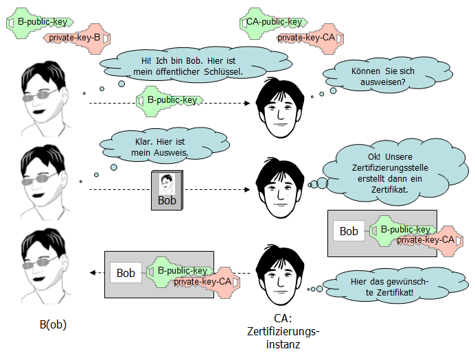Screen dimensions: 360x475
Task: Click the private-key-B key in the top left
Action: pyautogui.click(x=76, y=37)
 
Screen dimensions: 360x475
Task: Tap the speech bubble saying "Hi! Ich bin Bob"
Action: pyautogui.click(x=179, y=64)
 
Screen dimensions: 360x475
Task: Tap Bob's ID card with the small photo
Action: pyautogui.click(x=166, y=191)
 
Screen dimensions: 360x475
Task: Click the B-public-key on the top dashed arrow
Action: pyautogui.click(x=172, y=100)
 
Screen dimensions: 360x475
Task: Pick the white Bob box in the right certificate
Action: pyautogui.click(x=349, y=231)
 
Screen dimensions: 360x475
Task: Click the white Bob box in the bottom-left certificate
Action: pyautogui.click(x=126, y=272)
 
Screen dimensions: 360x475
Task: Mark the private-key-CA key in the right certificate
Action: pyautogui.click(x=426, y=239)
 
